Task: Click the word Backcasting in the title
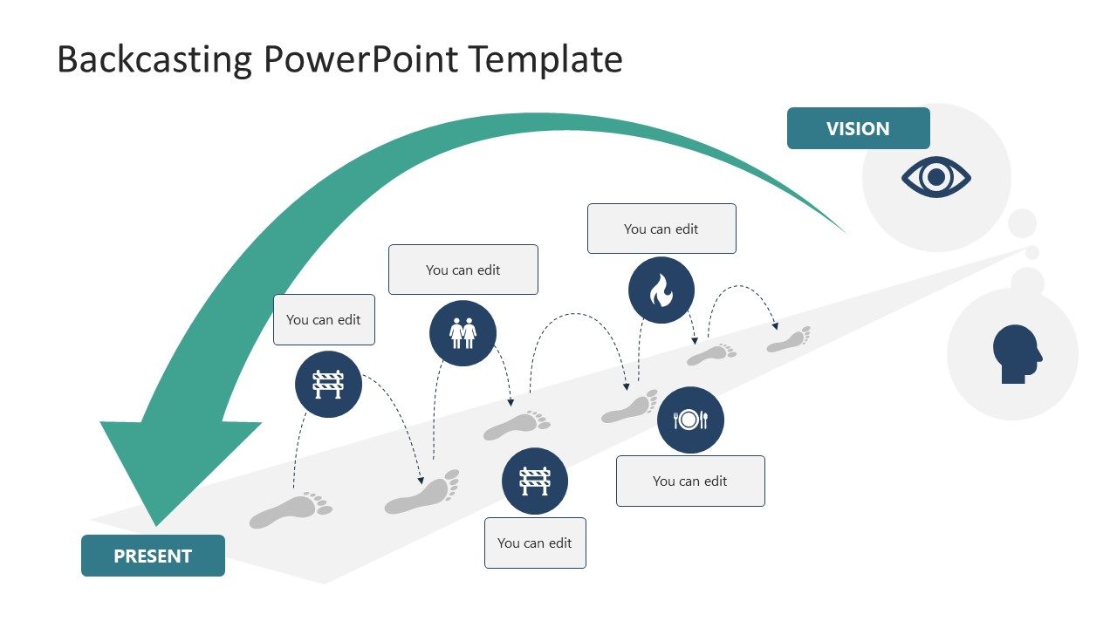click(x=154, y=59)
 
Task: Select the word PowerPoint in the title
click(x=360, y=59)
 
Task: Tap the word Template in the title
click(x=545, y=59)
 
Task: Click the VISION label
click(x=858, y=128)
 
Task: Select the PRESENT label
click(x=153, y=556)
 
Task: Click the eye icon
click(x=935, y=178)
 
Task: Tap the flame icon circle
click(x=661, y=290)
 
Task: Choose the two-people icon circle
click(x=463, y=332)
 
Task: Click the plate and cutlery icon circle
click(x=690, y=420)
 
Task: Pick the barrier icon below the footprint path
click(x=534, y=481)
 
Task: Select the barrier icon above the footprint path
click(x=328, y=384)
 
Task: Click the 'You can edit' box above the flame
click(x=661, y=229)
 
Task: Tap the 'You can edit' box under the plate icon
click(x=690, y=481)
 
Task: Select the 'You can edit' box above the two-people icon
click(x=463, y=270)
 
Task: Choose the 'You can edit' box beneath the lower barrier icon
click(x=535, y=543)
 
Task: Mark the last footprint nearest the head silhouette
click(x=789, y=340)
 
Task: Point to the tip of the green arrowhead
click(x=157, y=525)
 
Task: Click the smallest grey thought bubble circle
click(x=1032, y=253)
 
